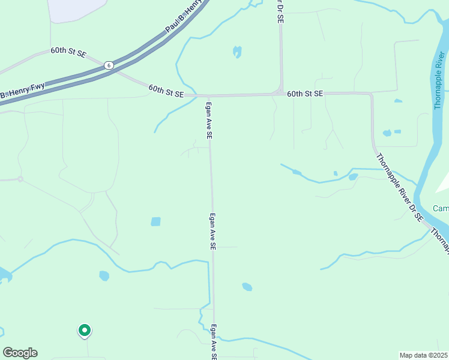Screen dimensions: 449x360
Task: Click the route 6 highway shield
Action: click(108, 65)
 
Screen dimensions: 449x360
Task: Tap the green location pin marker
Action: click(85, 330)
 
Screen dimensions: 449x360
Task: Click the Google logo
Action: click(20, 353)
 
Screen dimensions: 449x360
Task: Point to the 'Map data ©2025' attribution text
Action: click(424, 355)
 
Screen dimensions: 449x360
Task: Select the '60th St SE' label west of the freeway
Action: click(68, 52)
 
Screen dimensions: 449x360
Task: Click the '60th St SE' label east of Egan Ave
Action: click(305, 94)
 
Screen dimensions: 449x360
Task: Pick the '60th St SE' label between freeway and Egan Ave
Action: click(166, 91)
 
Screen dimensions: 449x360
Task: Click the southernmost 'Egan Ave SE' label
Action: click(214, 342)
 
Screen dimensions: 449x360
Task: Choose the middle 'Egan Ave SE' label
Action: click(212, 232)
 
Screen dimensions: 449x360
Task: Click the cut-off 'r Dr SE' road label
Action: click(280, 11)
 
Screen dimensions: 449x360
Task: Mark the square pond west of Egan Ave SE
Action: click(156, 221)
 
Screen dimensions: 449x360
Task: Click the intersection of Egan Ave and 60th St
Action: click(209, 96)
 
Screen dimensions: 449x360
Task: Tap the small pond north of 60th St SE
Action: click(237, 52)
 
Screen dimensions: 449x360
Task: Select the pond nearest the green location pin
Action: click(104, 276)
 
